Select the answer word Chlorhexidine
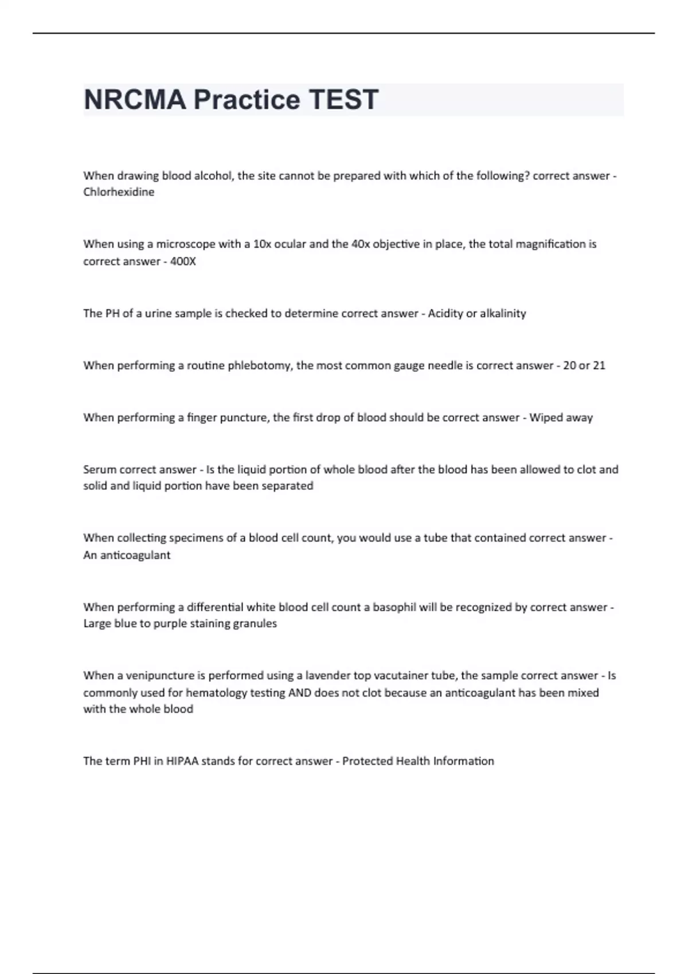coord(119,193)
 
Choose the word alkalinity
coord(503,313)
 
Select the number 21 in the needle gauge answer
coord(599,366)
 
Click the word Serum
coord(100,470)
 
